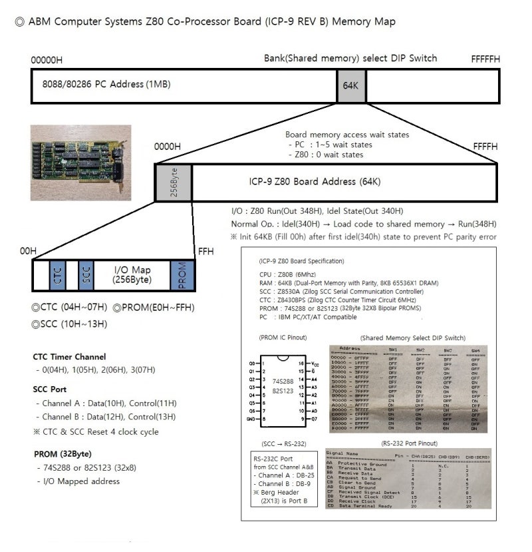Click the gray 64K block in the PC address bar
tap(350, 85)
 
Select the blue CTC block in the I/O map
tap(57, 275)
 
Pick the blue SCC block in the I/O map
tap(84, 275)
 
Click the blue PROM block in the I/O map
tap(182, 275)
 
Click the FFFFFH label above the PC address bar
tap(485, 59)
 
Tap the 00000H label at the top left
tap(47, 59)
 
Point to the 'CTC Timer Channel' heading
tap(69, 357)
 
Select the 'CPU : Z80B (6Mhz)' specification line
tap(289, 274)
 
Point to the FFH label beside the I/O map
tap(205, 251)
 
